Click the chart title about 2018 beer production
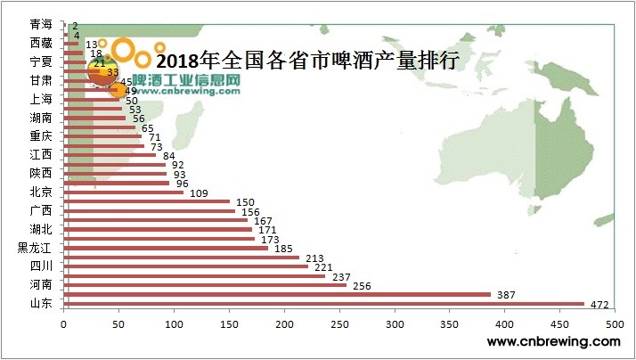[x=306, y=61]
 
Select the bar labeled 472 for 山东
[x=323, y=304]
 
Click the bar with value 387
[x=277, y=294]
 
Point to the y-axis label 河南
[x=41, y=285]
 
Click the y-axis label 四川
[x=41, y=266]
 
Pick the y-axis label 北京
[x=41, y=192]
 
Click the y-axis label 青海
[x=41, y=24]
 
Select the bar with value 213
[x=182, y=257]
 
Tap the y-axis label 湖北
[x=41, y=229]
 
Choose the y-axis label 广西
[x=41, y=210]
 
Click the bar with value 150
[x=146, y=201]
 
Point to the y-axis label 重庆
[x=41, y=136]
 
